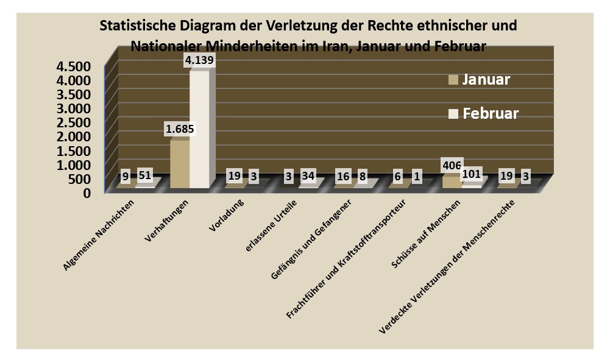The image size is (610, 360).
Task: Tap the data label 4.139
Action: pos(200,61)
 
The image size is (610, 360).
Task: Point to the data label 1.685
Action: pos(179,130)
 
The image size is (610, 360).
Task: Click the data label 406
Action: pos(452,164)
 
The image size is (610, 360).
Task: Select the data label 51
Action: pos(144,175)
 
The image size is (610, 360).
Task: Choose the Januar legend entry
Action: pos(480,79)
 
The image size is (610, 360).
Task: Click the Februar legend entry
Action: pos(484,113)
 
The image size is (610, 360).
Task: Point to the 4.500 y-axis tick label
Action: pos(73,66)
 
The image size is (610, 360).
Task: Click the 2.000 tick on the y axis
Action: pos(73,136)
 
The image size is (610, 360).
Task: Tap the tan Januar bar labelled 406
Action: pos(452,182)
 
